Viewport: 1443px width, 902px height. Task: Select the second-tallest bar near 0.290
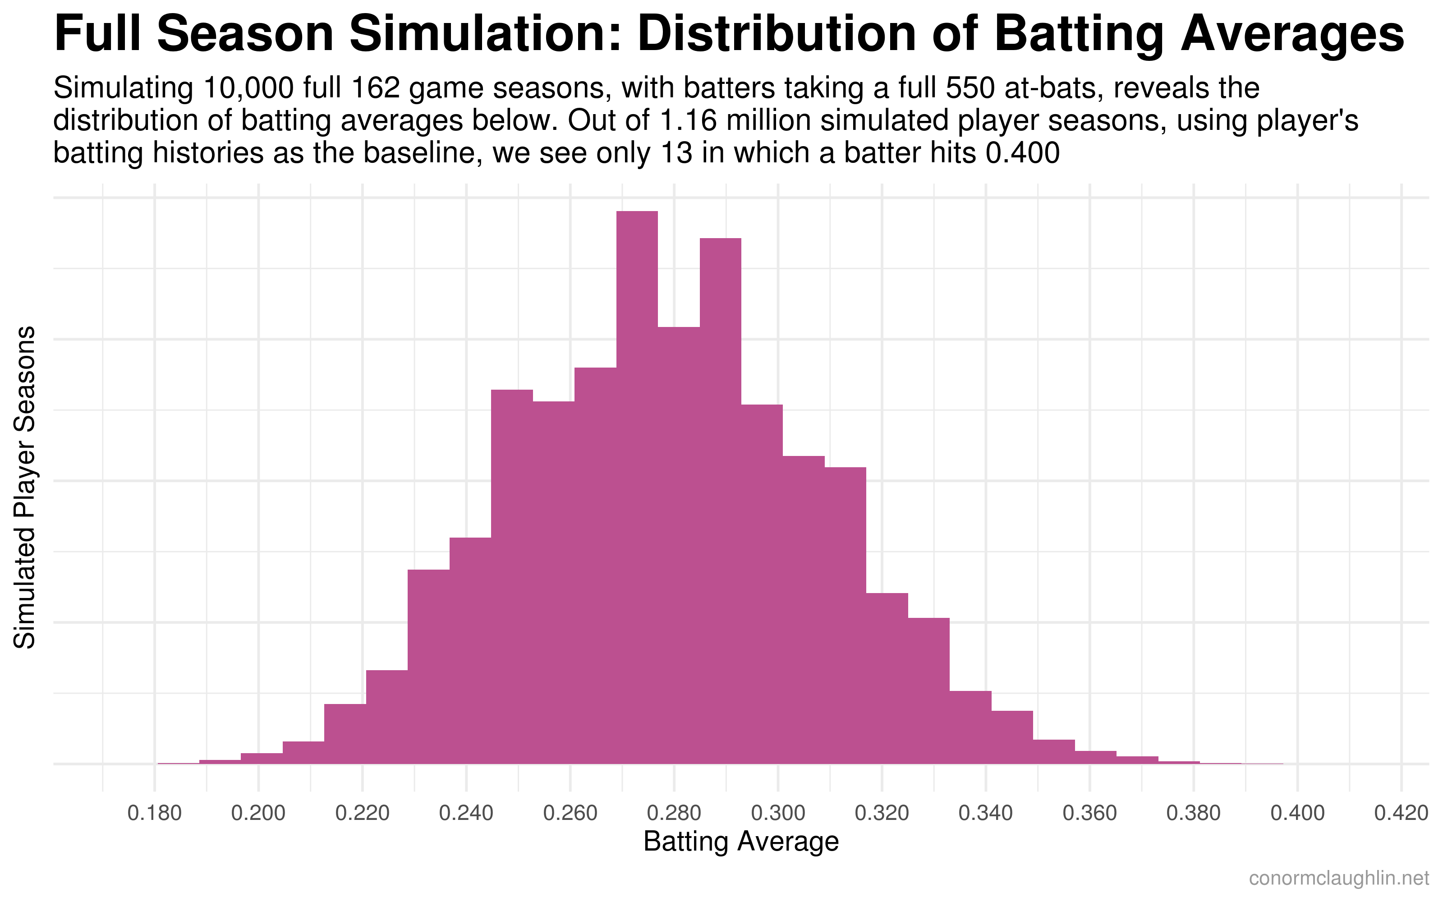pyautogui.click(x=720, y=501)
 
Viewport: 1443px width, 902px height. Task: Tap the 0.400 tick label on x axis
pyautogui.click(x=1297, y=813)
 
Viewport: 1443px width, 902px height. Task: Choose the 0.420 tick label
pyautogui.click(x=1401, y=813)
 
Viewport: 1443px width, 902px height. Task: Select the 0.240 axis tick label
pyautogui.click(x=466, y=813)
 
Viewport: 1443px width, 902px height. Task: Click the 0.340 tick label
pyautogui.click(x=986, y=813)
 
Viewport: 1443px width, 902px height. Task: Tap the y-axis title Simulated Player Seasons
pyautogui.click(x=25, y=488)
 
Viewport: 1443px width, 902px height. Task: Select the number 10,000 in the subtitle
pyautogui.click(x=248, y=88)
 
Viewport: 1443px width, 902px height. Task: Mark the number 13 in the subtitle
pyautogui.click(x=677, y=153)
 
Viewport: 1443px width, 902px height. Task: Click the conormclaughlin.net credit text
pyautogui.click(x=1339, y=878)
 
